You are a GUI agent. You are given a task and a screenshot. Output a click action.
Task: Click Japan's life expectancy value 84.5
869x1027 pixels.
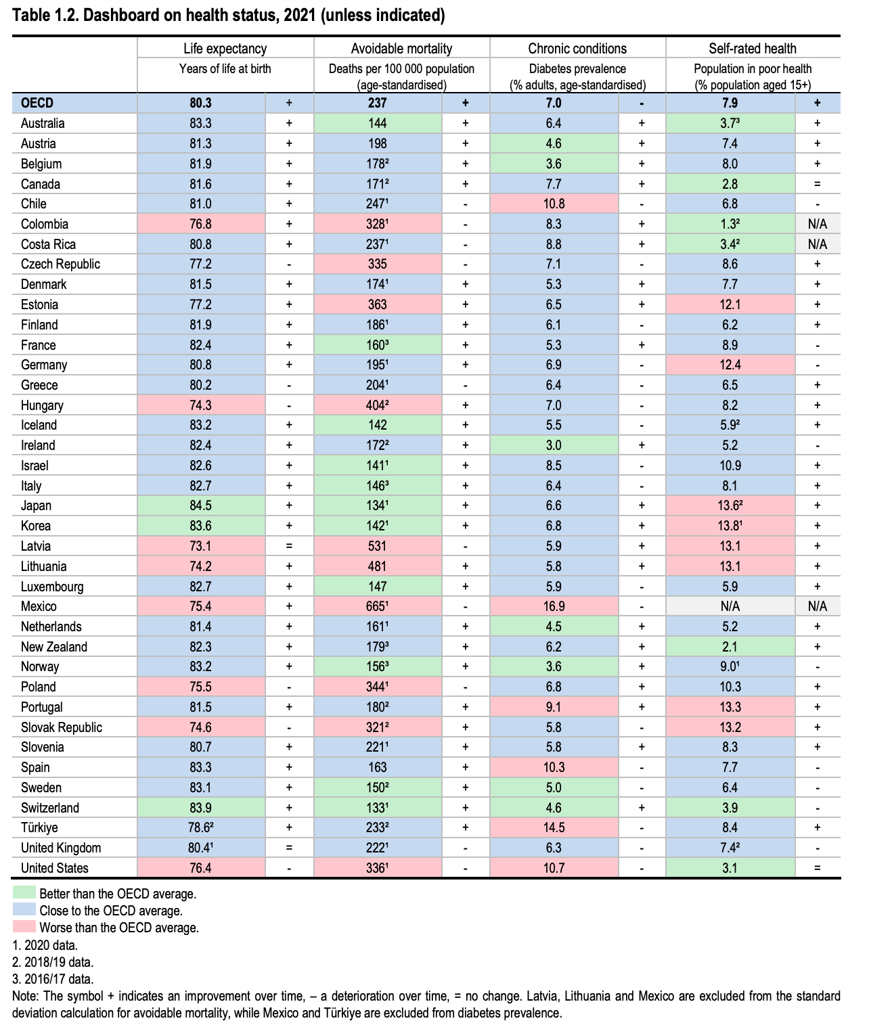pos(201,506)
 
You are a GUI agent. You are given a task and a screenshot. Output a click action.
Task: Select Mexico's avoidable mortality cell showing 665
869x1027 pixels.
pos(378,607)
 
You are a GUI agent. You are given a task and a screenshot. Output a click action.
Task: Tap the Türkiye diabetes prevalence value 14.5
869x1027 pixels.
pos(554,828)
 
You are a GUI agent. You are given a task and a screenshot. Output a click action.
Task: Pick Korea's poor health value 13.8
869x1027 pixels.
pos(730,526)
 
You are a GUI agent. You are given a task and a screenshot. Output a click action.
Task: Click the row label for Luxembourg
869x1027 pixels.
pos(52,587)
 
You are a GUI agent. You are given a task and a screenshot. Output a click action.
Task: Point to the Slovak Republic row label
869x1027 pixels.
pos(62,727)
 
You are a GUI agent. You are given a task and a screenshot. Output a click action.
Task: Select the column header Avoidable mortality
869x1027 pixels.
pos(401,49)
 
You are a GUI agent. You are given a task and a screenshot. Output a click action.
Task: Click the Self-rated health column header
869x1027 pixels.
pos(753,49)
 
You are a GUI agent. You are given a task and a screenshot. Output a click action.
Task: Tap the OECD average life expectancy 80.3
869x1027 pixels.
pos(201,104)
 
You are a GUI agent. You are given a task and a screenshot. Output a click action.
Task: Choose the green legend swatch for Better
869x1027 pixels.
pos(24,893)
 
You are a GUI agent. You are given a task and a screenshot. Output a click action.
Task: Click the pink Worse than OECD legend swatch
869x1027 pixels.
pos(24,927)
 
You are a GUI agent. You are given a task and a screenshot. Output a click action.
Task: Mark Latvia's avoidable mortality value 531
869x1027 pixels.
pos(378,547)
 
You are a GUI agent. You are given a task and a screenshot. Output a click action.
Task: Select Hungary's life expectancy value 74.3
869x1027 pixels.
pos(201,406)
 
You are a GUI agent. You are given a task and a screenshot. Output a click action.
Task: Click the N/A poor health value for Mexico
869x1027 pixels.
pos(730,607)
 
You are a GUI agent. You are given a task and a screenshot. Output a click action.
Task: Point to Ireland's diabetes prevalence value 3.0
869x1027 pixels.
pos(554,446)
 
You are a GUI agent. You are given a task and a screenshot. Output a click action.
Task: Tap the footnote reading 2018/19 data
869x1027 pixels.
pos(53,962)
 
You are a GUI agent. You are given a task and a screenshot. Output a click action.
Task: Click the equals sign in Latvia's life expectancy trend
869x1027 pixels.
pos(289,547)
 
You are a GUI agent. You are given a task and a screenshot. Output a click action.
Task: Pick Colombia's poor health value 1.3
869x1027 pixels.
pos(730,225)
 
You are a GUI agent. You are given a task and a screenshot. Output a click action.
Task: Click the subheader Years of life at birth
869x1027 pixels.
pos(225,69)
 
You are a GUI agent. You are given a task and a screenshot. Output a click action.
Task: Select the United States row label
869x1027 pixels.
pos(55,869)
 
